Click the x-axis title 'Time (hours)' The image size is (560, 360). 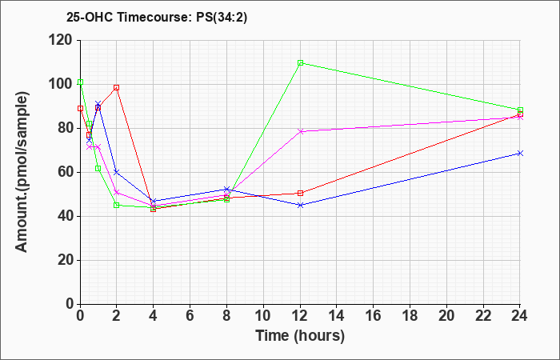pos(300,336)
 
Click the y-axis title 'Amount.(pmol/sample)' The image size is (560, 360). pos(23,172)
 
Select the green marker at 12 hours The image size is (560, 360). pos(300,62)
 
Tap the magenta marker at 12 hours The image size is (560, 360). pos(300,131)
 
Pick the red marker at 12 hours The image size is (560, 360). pos(300,193)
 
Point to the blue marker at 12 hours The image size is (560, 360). pos(300,205)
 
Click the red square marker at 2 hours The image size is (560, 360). pos(116,87)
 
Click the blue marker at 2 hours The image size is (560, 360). pos(116,172)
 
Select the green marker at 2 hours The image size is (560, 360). pos(116,205)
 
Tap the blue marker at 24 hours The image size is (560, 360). pos(520,153)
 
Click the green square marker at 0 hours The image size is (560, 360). pos(80,82)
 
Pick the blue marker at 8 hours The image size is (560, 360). pos(226,190)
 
